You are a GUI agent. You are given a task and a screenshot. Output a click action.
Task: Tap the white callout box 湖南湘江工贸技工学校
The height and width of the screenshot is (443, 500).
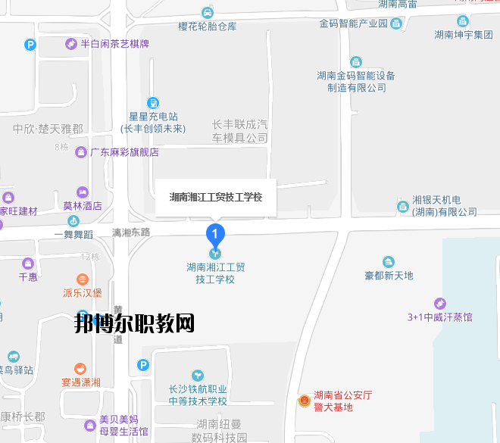216,197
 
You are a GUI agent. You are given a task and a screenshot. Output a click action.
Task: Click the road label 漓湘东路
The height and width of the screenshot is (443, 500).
131,232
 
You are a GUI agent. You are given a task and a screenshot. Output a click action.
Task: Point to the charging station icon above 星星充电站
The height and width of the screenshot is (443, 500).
153,102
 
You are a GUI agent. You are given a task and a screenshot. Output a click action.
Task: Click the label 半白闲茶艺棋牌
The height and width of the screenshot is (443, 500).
114,44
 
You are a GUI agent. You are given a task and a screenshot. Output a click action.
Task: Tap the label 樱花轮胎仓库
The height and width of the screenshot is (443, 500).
208,26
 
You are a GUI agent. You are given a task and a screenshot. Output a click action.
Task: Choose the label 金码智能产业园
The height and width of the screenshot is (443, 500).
354,23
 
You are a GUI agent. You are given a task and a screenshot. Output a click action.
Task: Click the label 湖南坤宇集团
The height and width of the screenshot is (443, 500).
463,34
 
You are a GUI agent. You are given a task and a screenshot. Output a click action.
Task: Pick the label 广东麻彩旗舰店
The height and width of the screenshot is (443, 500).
124,152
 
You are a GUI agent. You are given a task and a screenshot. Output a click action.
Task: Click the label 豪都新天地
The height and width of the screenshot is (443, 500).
389,276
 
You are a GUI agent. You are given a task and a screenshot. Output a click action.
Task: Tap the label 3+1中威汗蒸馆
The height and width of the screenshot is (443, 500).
440,317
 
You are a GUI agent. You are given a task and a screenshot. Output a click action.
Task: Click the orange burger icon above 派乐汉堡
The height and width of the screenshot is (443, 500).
83,279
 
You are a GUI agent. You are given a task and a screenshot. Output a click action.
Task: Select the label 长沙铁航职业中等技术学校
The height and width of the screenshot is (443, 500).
198,395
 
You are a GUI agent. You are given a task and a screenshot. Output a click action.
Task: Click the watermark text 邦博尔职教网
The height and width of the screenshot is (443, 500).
135,324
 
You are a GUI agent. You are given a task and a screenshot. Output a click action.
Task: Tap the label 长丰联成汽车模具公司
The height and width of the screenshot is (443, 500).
240,131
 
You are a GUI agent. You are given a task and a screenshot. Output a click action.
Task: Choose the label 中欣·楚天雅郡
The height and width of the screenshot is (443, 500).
48,129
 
